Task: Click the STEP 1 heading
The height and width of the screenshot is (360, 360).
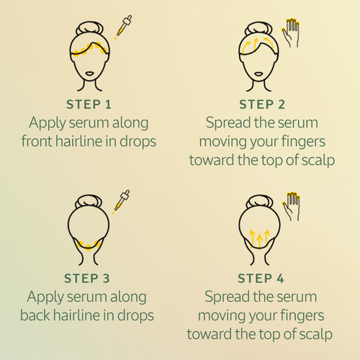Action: click(x=89, y=104)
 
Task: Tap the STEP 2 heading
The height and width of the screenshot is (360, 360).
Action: click(x=262, y=104)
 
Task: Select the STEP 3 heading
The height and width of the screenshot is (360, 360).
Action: click(x=87, y=279)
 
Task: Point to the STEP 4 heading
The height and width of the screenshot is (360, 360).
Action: click(x=261, y=279)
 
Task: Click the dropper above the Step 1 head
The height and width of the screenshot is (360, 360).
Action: click(x=124, y=26)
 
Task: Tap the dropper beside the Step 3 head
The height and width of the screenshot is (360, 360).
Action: click(x=122, y=201)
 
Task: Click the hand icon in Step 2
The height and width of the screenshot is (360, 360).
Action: click(x=290, y=32)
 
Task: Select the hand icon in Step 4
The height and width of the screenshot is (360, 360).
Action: click(x=291, y=207)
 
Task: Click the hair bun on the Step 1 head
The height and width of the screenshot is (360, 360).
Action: click(x=89, y=28)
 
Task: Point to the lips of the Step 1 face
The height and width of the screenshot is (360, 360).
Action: click(x=89, y=73)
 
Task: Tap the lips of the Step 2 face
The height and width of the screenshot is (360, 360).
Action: click(x=258, y=73)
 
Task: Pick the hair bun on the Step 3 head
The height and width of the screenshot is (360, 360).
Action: click(x=89, y=202)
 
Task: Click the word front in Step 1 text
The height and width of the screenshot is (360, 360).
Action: click(x=37, y=141)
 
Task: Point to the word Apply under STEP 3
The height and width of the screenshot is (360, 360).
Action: click(x=45, y=297)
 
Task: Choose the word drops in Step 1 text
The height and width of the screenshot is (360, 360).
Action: click(x=138, y=142)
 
